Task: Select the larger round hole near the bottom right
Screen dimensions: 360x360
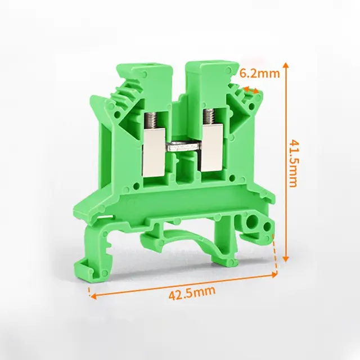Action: [x=251, y=222]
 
